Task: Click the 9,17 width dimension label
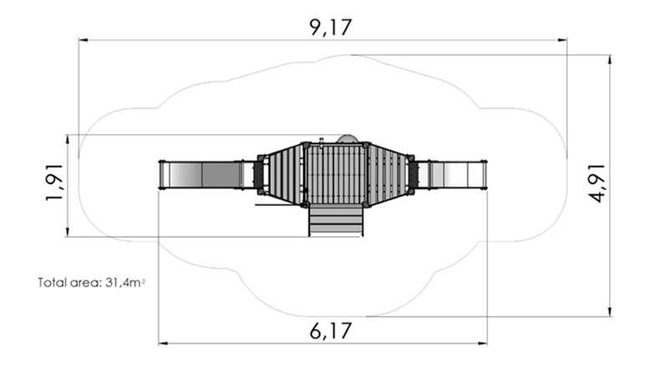click(330, 28)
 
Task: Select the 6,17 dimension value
click(330, 331)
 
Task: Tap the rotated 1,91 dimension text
click(55, 182)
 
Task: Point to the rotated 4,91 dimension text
click(596, 183)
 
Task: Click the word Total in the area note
click(52, 282)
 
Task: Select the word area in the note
click(85, 283)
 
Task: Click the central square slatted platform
click(336, 174)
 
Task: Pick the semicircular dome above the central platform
click(348, 139)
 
